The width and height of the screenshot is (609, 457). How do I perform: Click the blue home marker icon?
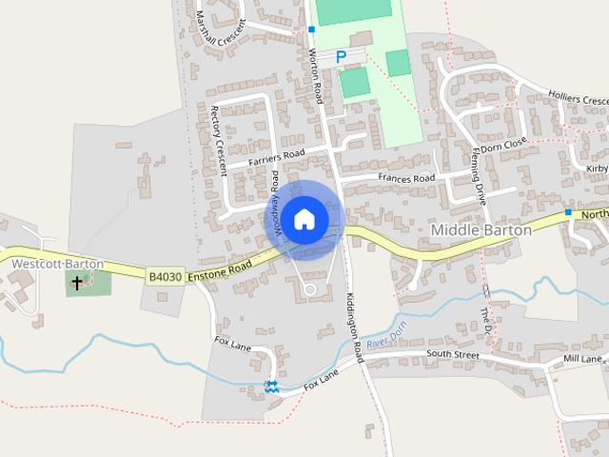304,220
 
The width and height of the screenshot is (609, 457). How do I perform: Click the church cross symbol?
78,282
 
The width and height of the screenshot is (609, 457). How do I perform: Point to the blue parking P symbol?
340,57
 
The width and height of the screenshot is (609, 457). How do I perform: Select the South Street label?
452,354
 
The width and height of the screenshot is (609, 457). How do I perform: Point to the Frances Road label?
406,178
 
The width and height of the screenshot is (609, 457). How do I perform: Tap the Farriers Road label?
276,157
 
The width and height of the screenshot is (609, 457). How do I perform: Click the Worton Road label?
315,75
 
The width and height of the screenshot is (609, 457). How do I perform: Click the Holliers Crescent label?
579,97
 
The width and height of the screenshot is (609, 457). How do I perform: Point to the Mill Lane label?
582,359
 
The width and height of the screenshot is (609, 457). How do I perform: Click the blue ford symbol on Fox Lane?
272,385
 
